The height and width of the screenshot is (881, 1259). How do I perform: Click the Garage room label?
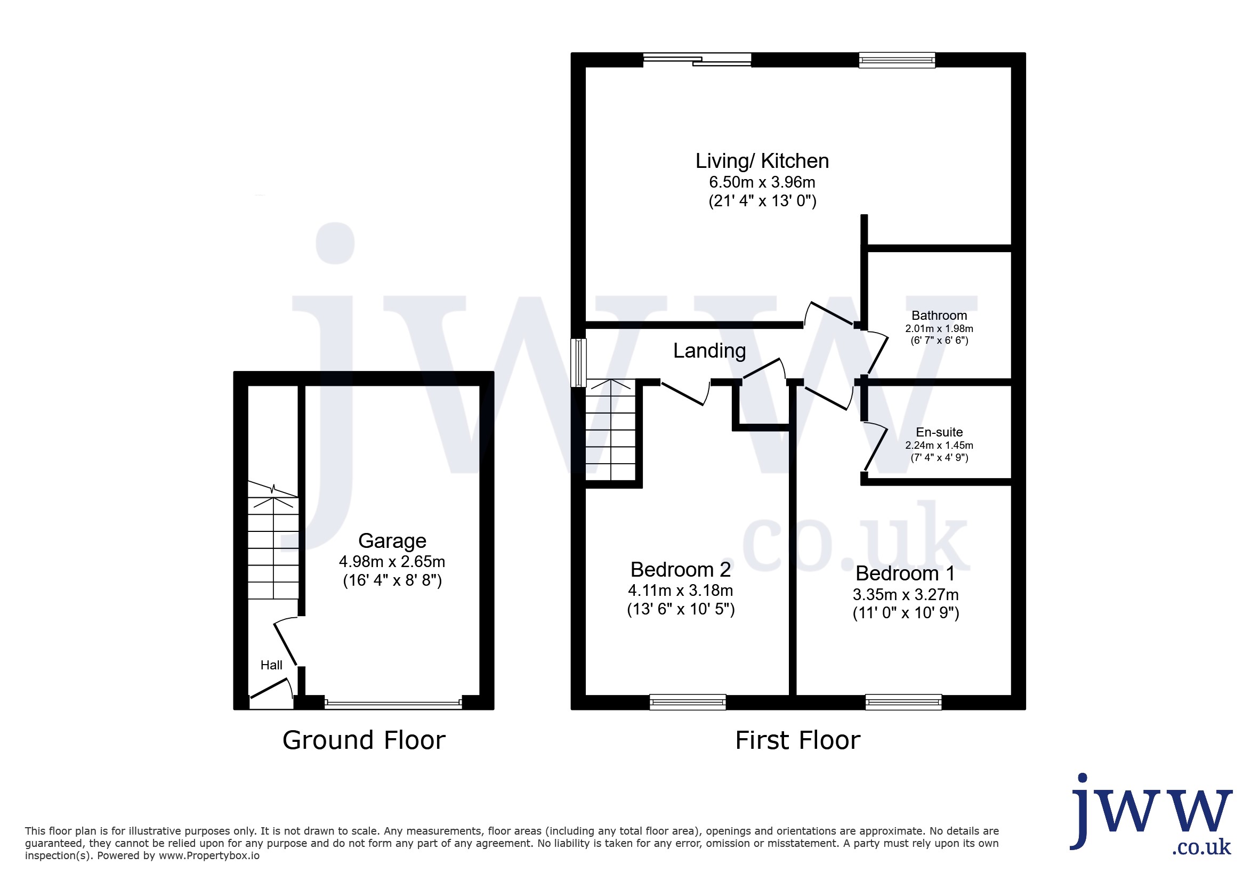392,540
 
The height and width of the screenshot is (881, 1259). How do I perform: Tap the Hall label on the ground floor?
271,665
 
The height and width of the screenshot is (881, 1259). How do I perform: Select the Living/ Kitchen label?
762,160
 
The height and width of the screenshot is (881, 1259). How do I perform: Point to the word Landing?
709,350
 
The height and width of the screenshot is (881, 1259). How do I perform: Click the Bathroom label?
939,315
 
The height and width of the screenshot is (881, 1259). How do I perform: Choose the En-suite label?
939,432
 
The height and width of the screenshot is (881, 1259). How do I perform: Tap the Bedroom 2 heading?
681,570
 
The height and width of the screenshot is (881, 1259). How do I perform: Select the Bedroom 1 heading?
905,573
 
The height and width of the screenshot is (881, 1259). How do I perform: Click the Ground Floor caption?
364,740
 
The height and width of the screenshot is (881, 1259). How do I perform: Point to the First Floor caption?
798,740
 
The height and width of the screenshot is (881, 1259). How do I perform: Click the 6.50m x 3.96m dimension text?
762,182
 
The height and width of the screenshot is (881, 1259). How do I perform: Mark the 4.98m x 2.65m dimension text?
392,561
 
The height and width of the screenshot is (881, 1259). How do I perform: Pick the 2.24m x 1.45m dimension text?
939,445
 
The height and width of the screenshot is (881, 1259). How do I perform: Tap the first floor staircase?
610,430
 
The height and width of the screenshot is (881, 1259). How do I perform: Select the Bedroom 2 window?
688,702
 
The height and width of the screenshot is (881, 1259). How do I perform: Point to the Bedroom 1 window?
903,702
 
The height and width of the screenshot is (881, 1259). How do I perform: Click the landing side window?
578,363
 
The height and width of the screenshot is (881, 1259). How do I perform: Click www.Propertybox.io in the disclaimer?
209,855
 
